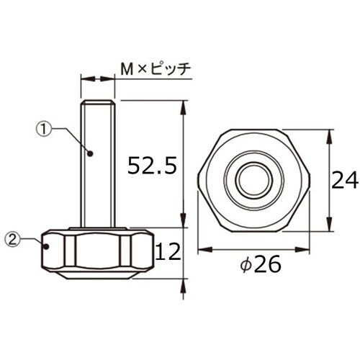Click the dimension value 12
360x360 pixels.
(x=168, y=252)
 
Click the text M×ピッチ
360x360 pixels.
(x=154, y=69)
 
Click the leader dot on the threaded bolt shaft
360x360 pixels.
(x=91, y=152)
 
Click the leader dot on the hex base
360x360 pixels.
(x=47, y=246)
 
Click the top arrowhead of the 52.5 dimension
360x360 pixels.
(x=185, y=106)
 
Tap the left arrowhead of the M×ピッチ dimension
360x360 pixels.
(x=84, y=78)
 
